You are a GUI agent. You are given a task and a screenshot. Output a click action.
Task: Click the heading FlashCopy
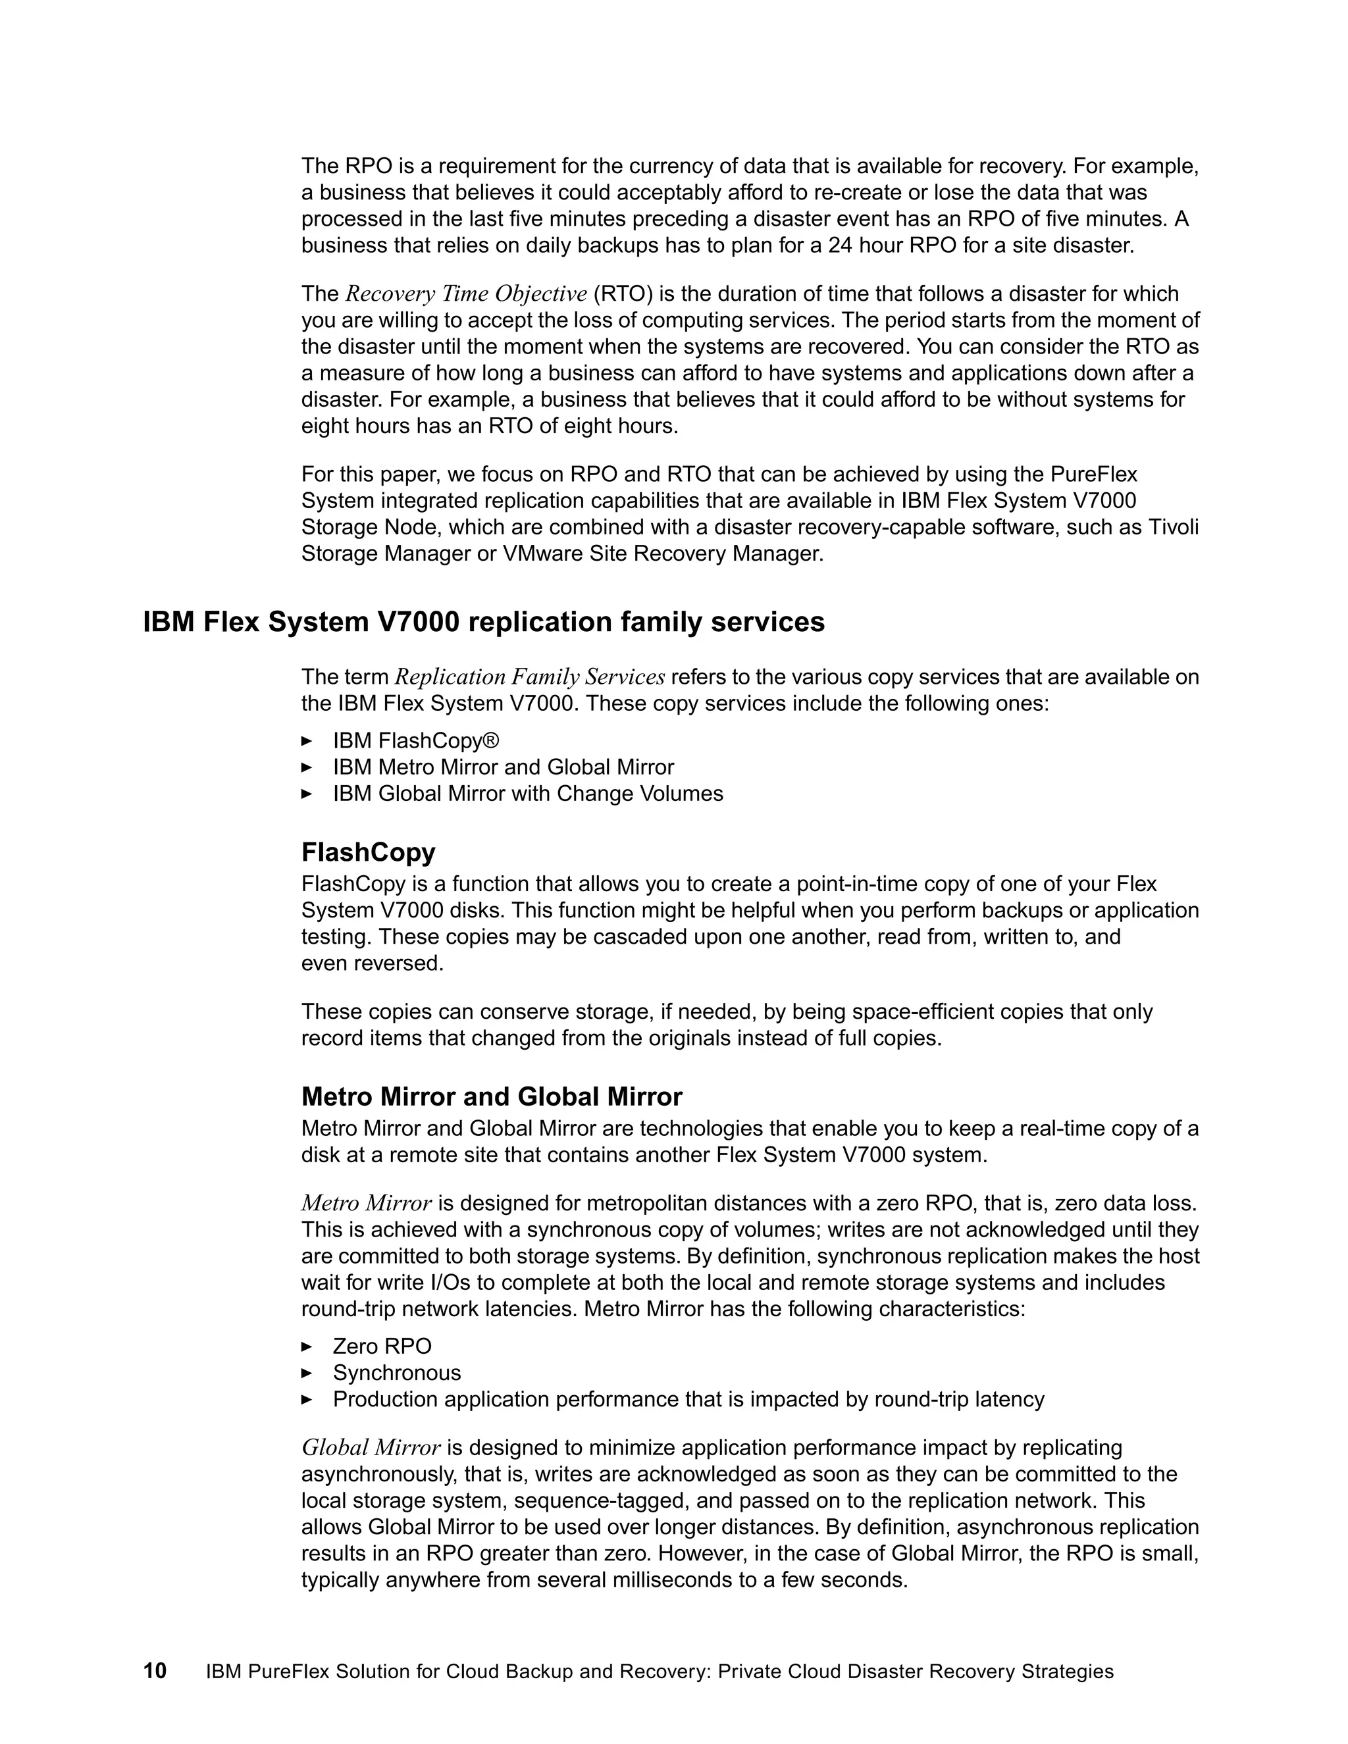tap(368, 852)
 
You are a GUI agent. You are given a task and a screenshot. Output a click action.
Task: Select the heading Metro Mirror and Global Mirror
tap(491, 1096)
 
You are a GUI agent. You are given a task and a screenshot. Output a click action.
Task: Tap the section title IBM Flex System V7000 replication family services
tap(483, 621)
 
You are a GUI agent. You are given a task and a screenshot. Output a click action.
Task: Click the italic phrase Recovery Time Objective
tap(467, 294)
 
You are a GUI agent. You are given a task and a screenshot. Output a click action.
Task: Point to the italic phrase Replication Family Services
tap(529, 677)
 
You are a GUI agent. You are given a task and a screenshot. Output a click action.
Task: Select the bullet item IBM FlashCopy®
tap(415, 740)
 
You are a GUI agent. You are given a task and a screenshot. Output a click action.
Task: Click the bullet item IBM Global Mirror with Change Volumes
tap(527, 794)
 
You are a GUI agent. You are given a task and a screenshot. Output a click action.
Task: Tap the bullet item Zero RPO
tap(382, 1346)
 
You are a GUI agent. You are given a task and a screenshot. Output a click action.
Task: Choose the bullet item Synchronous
tap(397, 1373)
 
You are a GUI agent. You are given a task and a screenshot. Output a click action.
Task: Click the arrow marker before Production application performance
tap(307, 1400)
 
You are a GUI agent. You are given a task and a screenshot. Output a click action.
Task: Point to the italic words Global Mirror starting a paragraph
tap(371, 1448)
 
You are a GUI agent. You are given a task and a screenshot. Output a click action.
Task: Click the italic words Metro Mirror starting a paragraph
tap(367, 1204)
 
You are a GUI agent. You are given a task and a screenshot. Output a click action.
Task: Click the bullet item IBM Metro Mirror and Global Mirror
tap(503, 767)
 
